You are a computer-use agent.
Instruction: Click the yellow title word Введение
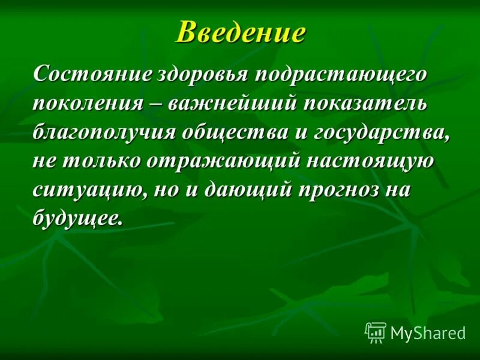click(x=240, y=32)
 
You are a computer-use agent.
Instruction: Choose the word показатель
click(x=366, y=103)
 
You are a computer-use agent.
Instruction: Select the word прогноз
click(x=338, y=191)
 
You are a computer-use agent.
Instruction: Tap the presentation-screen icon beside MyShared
click(x=375, y=332)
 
